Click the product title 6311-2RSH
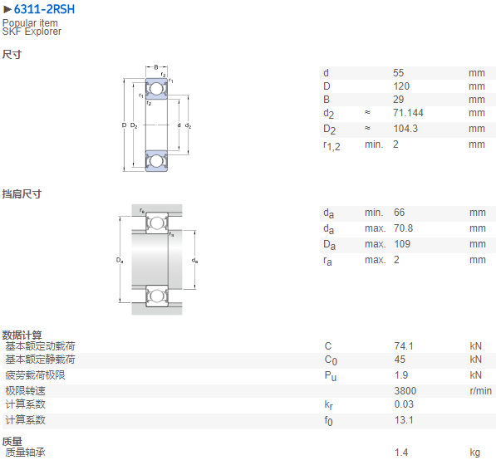44,9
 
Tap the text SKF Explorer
32,32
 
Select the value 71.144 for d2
408,113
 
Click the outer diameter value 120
401,86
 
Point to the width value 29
398,100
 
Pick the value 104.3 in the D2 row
405,129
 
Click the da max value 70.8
403,228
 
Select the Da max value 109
402,244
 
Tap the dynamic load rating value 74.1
404,345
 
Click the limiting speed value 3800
405,391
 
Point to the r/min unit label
480,391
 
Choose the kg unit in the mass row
474,453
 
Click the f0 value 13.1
404,420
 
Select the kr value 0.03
404,404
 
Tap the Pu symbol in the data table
330,375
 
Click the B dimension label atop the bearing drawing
156,67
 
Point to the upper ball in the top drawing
155,89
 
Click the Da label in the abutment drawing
120,260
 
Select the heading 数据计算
22,335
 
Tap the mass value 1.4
401,453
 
